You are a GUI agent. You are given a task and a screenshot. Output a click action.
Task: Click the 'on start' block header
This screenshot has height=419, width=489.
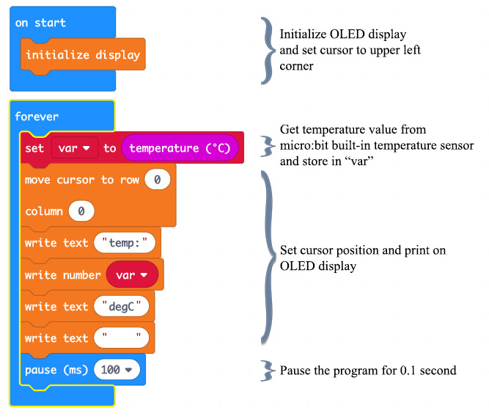click(40, 23)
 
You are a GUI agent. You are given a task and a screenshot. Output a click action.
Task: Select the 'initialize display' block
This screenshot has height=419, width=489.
click(82, 55)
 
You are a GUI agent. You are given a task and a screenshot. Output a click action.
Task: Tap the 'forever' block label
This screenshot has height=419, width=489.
click(36, 117)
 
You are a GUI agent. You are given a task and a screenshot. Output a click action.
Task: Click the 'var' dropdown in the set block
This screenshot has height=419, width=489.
click(73, 148)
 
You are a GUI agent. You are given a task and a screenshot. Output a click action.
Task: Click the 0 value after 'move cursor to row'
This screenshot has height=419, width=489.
click(158, 180)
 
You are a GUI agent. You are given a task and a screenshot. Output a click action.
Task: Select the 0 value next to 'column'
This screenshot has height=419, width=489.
click(81, 211)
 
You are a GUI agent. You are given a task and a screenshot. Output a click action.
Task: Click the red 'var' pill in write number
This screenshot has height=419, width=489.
click(132, 275)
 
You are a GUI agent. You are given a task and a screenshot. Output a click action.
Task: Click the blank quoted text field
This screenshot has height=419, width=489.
click(122, 338)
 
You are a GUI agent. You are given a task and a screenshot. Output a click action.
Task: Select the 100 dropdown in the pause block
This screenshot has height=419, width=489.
click(116, 370)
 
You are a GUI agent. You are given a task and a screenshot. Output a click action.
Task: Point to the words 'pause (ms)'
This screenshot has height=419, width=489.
click(56, 370)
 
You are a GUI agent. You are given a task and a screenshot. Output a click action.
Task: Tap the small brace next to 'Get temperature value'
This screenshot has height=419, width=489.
click(267, 142)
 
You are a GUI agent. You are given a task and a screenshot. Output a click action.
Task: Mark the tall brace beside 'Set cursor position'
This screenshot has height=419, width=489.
click(267, 257)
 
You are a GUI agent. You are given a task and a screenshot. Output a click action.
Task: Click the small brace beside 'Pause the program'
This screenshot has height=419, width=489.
click(267, 370)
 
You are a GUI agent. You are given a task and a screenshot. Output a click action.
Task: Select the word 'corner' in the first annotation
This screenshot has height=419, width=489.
click(298, 66)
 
